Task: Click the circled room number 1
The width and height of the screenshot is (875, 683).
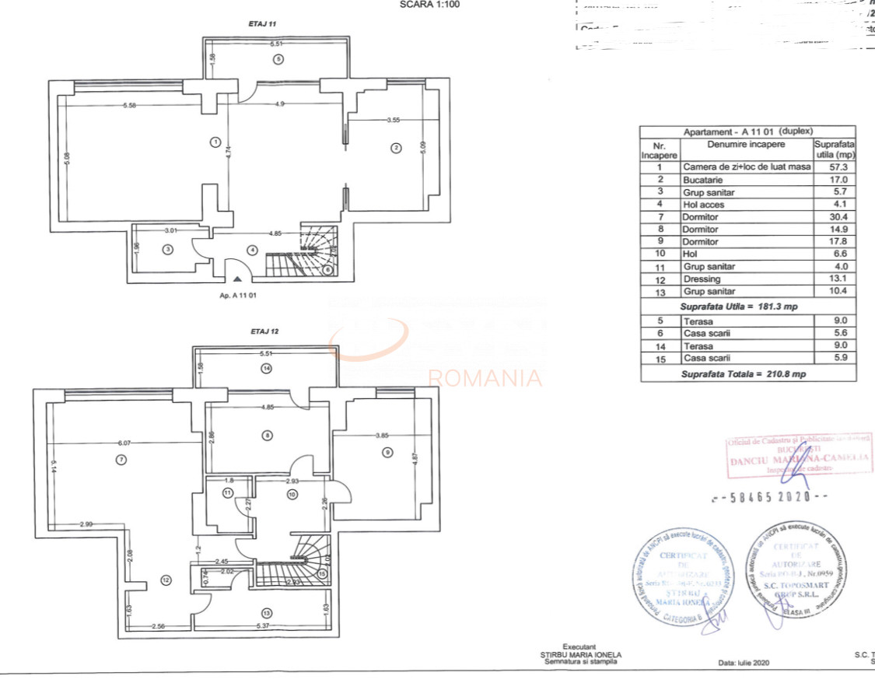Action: click(x=215, y=142)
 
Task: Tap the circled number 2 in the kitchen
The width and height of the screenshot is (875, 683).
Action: click(x=396, y=149)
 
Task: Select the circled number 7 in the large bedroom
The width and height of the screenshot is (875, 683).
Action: click(x=121, y=459)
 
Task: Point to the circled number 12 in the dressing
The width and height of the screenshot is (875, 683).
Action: click(x=165, y=580)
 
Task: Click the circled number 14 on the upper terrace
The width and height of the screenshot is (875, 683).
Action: click(x=267, y=369)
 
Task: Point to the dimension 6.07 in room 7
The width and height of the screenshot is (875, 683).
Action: click(x=124, y=443)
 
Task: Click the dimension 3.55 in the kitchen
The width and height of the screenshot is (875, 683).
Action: click(x=394, y=120)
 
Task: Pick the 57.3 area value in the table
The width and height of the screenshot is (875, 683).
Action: click(x=835, y=167)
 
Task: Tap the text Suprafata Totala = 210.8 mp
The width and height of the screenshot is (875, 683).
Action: click(x=743, y=374)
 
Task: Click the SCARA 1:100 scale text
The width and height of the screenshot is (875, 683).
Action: click(x=429, y=4)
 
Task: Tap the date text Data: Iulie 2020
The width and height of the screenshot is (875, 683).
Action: click(x=744, y=663)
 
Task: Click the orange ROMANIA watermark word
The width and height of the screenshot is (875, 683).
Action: click(x=485, y=379)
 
